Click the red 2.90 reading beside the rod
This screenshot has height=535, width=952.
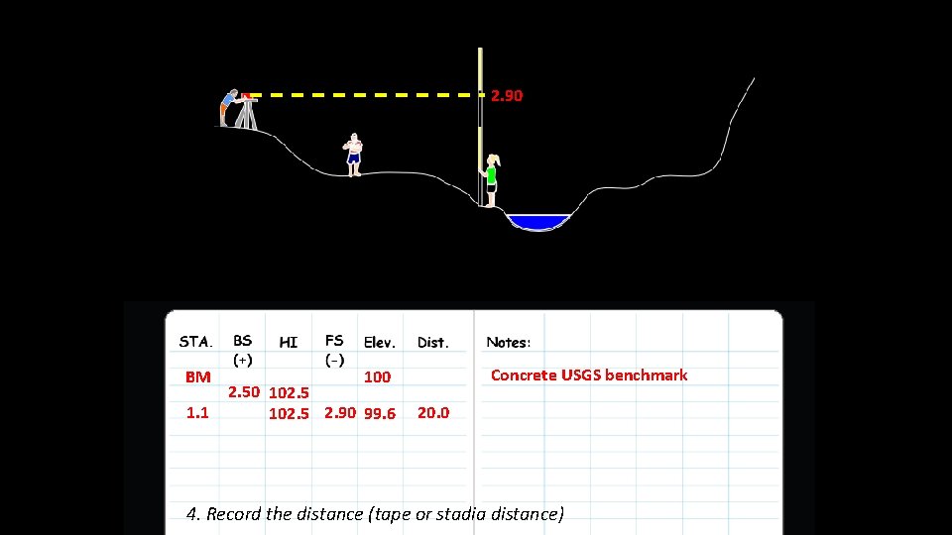(507, 96)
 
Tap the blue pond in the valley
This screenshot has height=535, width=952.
(537, 221)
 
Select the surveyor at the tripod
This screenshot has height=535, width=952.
(231, 107)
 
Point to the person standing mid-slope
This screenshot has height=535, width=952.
(353, 154)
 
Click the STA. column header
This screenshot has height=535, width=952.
(195, 342)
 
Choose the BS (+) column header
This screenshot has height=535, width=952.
(242, 349)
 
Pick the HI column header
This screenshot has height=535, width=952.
(289, 343)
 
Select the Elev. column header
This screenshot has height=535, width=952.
(380, 343)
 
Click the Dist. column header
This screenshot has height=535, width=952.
(433, 343)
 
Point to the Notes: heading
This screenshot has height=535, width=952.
(509, 342)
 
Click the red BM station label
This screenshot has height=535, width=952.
(198, 376)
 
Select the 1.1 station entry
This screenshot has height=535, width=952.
(197, 412)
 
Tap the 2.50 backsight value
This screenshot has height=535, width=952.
(245, 392)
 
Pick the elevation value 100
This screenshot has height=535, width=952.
(377, 376)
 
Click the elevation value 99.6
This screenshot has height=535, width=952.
(380, 413)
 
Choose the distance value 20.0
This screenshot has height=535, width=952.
(433, 412)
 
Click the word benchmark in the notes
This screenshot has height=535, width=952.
(646, 374)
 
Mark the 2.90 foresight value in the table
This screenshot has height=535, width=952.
(340, 412)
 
